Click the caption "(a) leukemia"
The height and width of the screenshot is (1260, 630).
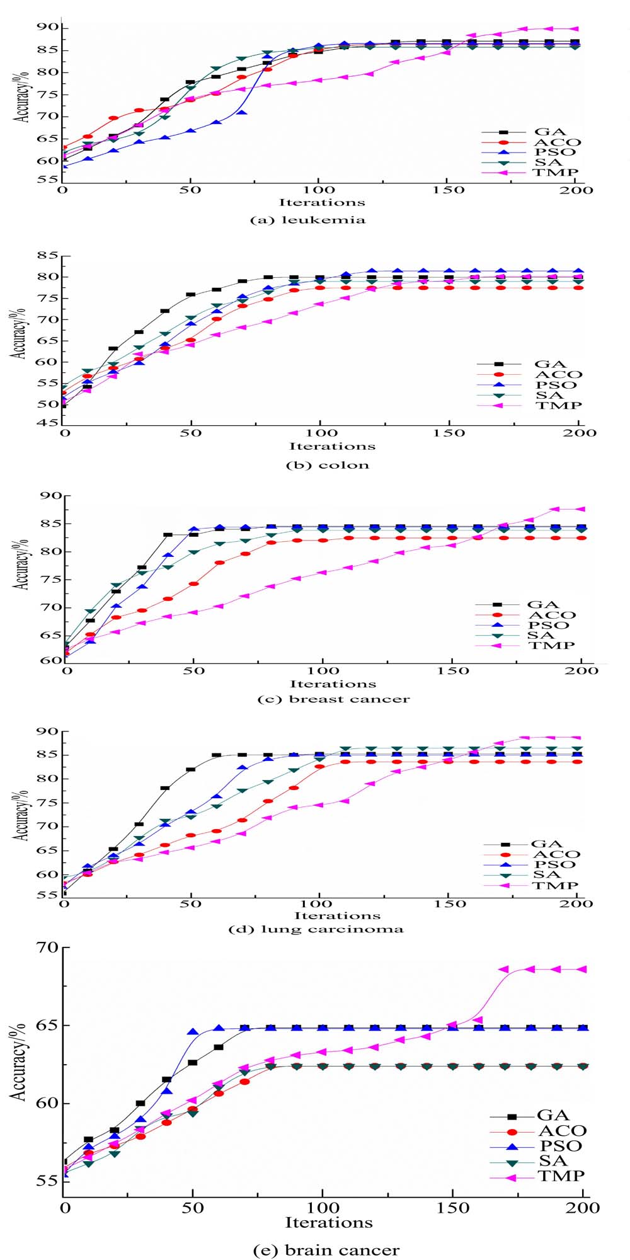pos(307,220)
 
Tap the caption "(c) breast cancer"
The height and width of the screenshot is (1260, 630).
pos(334,699)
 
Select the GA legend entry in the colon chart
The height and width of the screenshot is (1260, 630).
pos(550,364)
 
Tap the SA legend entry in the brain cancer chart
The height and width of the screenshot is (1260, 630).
pos(553,1160)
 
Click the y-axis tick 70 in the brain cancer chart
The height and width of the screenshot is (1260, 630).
pos(44,948)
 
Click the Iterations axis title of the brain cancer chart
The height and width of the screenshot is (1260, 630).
pos(329,1222)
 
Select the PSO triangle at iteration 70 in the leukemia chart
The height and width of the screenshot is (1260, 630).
pos(242,113)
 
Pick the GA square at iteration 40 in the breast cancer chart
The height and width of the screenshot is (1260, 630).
pos(168,535)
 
